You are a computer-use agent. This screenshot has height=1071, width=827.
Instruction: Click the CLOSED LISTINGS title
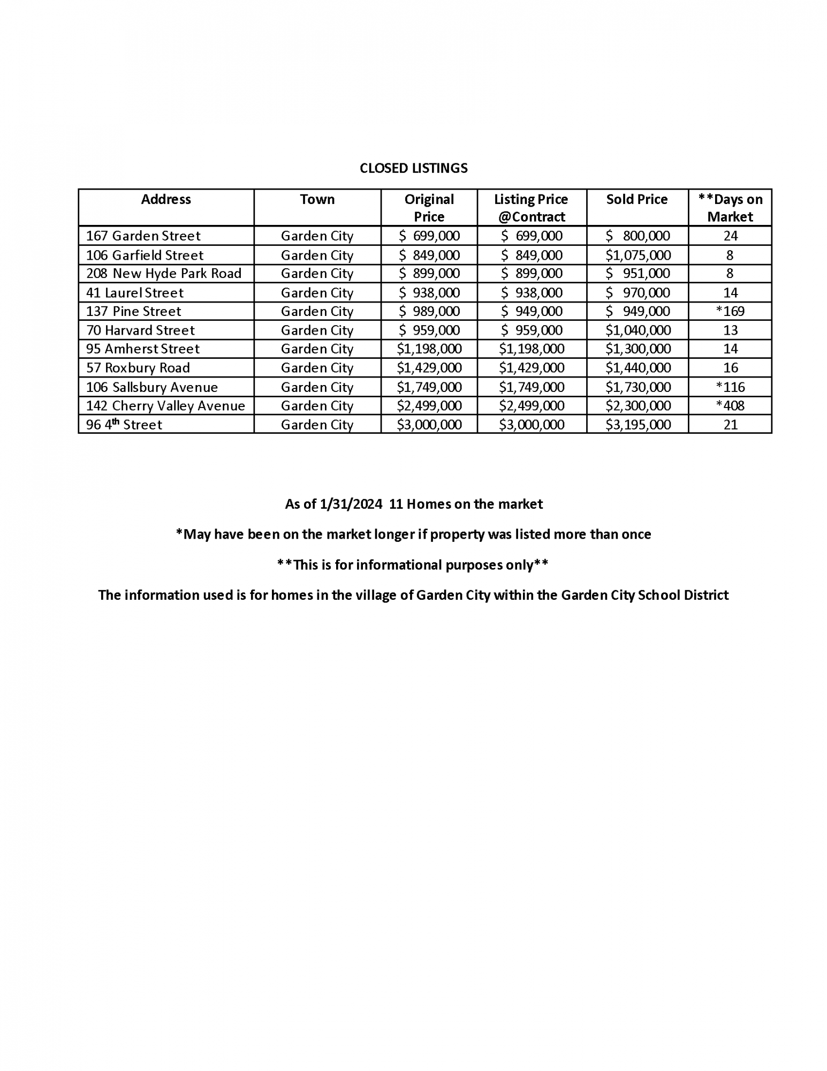click(413, 168)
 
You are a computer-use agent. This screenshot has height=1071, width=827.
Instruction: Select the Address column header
click(166, 200)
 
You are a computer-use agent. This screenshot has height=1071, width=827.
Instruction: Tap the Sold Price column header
click(636, 200)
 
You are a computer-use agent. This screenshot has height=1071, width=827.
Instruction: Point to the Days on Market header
click(730, 208)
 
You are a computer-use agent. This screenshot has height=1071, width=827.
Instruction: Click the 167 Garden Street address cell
click(143, 236)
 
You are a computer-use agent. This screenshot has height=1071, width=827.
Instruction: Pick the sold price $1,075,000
click(638, 255)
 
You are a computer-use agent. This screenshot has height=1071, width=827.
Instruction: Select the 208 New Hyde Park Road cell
click(164, 274)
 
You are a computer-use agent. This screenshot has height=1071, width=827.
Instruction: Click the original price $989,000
click(429, 312)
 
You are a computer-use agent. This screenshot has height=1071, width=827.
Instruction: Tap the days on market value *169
click(730, 312)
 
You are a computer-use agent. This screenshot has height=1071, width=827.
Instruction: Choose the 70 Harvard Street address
click(140, 330)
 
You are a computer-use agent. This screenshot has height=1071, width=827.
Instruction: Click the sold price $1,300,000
click(638, 349)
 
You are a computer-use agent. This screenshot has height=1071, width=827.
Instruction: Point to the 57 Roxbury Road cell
click(138, 368)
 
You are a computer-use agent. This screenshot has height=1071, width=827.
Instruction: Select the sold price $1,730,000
click(638, 387)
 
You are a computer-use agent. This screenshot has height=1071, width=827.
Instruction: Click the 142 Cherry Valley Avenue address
click(165, 406)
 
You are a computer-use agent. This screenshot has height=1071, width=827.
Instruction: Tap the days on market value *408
click(730, 406)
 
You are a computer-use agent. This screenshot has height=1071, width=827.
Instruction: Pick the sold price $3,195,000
click(638, 425)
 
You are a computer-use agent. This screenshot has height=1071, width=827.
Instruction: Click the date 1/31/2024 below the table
click(351, 504)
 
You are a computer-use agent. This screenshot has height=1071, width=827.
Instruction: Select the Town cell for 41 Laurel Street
click(317, 293)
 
